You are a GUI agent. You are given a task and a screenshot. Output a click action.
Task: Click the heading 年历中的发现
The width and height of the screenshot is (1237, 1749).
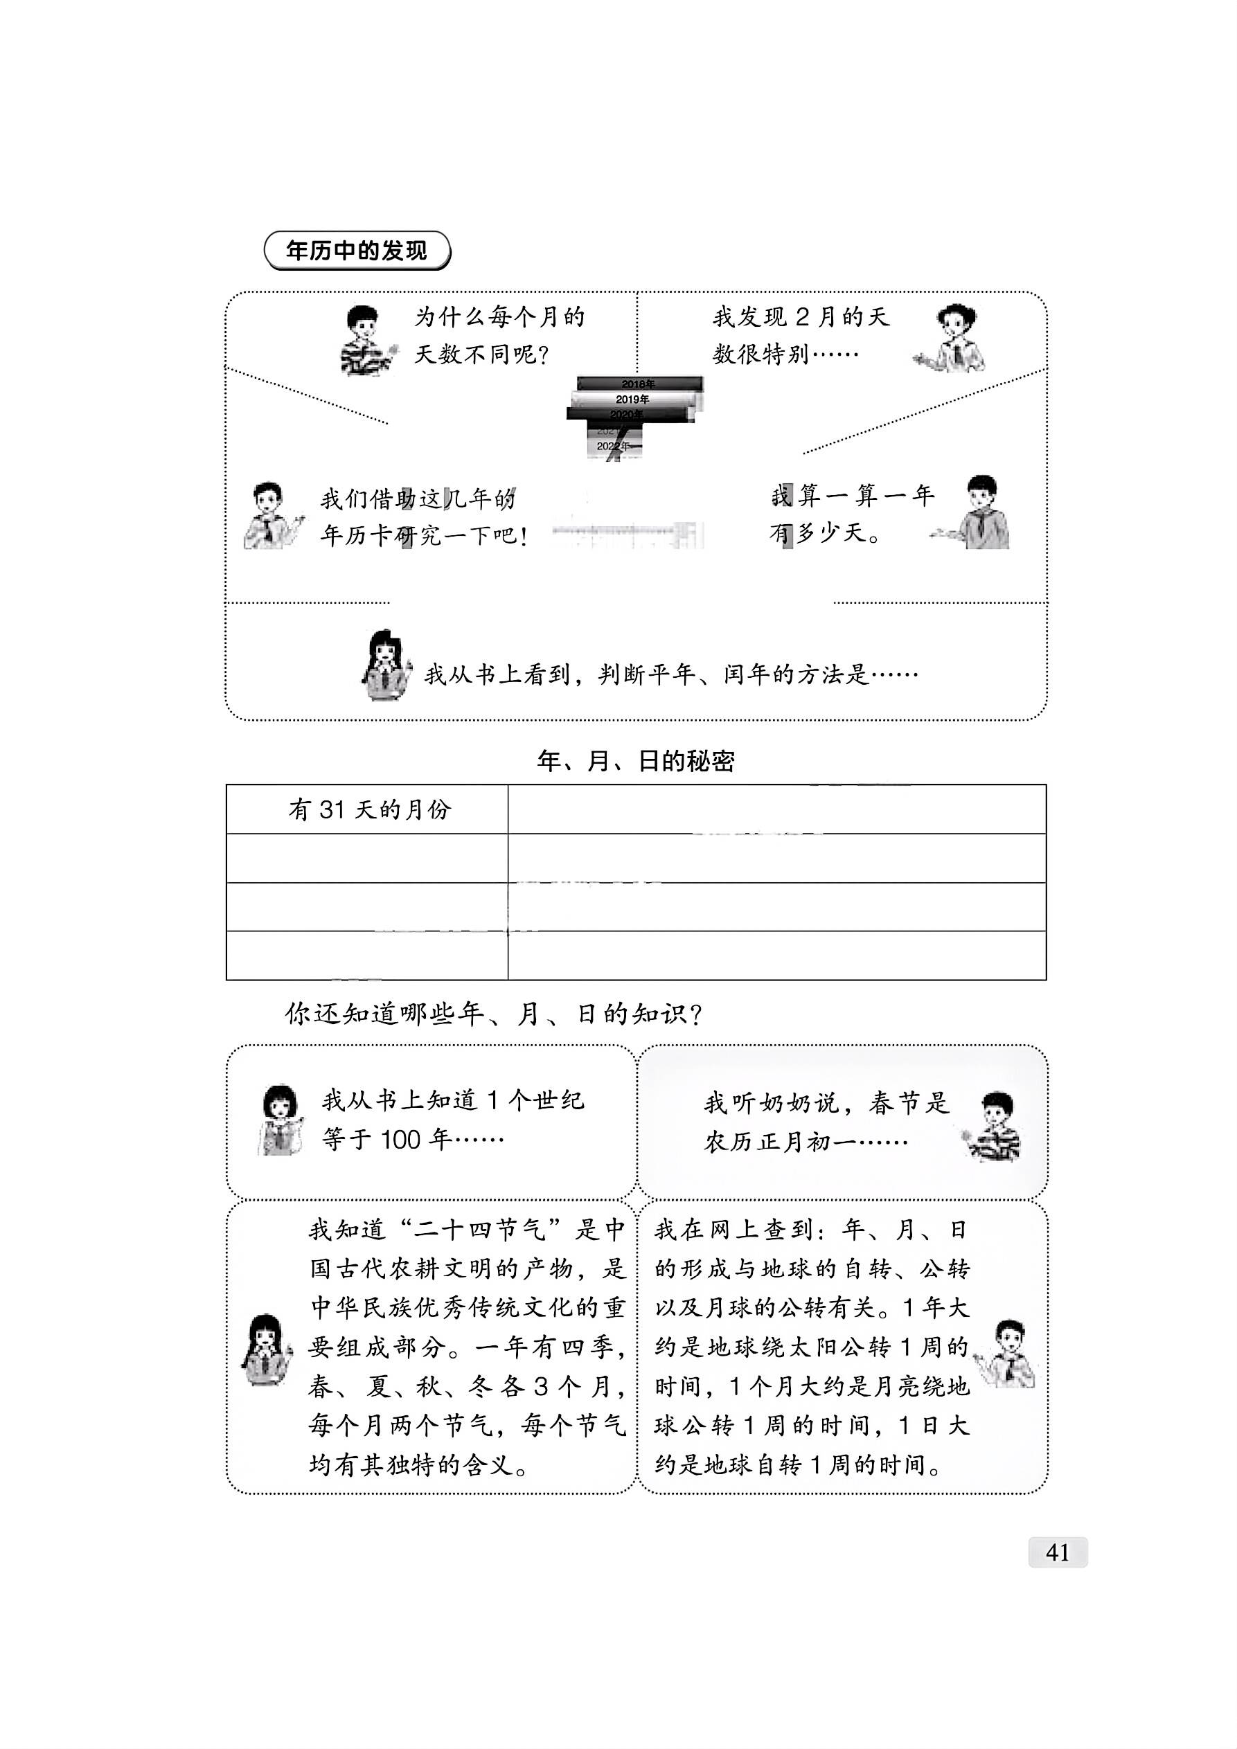point(357,251)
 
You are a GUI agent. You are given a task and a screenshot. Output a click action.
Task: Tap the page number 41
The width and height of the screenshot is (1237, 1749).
point(1057,1552)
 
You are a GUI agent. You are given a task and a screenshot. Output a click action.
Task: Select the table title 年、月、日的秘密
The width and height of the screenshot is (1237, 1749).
point(636,761)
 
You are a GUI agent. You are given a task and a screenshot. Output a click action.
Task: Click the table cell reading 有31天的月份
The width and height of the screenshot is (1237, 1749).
point(369,809)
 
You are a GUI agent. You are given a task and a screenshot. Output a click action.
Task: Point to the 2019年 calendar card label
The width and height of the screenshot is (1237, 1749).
point(632,399)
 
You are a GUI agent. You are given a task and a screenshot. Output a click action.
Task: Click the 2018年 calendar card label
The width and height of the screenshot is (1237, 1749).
point(638,384)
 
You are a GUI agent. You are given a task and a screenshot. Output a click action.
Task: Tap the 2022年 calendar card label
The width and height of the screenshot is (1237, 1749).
point(613,446)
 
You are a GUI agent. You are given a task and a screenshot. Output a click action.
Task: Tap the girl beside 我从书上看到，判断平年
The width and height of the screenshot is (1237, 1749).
point(386,664)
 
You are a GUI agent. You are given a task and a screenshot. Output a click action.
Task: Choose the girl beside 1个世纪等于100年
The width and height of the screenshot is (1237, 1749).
point(281,1120)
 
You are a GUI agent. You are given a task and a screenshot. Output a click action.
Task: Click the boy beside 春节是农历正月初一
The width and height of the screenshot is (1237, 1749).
point(995,1127)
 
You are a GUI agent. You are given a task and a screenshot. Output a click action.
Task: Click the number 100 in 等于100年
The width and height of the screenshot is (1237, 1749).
point(400,1140)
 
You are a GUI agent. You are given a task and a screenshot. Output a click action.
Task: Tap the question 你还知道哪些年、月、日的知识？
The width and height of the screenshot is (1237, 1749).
point(493,1014)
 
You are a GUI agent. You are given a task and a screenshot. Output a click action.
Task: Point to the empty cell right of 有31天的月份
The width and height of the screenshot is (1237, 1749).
point(776,809)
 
